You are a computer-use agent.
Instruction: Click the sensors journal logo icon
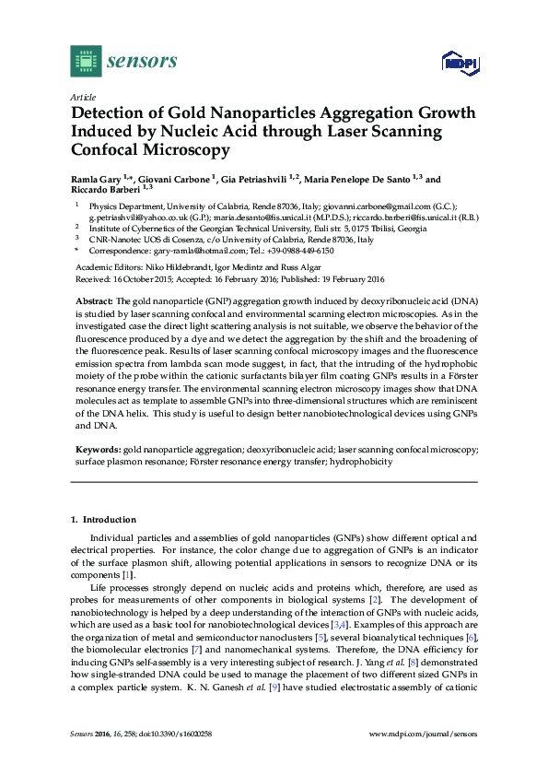click(86, 61)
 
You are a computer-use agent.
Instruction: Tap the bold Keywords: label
click(97, 449)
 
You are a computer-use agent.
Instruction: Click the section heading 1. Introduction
click(103, 520)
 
